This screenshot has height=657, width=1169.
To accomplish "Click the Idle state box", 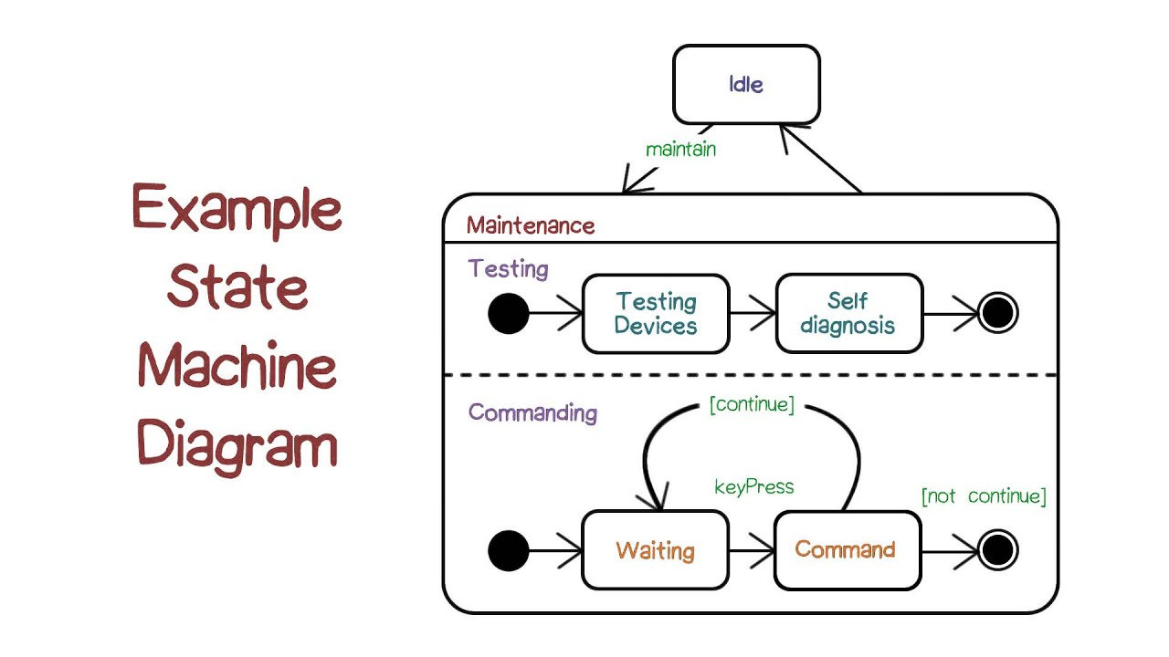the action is click(x=746, y=85).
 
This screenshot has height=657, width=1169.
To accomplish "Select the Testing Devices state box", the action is click(x=656, y=314).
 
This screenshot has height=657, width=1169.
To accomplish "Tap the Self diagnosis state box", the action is click(x=849, y=313).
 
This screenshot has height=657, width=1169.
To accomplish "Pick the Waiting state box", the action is click(x=656, y=550).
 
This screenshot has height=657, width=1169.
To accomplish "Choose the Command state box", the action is click(x=848, y=550).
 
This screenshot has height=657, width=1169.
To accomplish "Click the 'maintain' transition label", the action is click(x=680, y=150).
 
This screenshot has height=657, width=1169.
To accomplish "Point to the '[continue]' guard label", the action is click(x=752, y=404).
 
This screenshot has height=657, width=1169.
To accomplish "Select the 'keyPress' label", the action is click(x=754, y=487).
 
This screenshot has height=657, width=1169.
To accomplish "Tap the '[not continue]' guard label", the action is click(x=984, y=495).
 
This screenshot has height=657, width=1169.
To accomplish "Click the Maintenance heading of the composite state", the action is click(x=531, y=225).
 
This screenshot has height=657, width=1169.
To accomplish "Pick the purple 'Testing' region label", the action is click(x=509, y=269).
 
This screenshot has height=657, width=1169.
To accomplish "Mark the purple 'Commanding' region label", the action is click(x=532, y=413).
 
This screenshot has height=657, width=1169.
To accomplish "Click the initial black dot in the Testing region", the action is click(x=509, y=313).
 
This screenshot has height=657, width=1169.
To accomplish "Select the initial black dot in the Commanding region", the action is click(x=509, y=550).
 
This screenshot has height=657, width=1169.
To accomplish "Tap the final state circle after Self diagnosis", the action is click(x=997, y=313).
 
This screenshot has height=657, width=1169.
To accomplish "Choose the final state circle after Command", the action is click(x=997, y=550).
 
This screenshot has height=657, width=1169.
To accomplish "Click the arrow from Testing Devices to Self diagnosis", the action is click(x=753, y=313).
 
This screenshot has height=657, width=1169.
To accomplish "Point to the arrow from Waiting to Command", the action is click(x=752, y=550).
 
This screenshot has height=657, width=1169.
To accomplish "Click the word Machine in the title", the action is click(x=237, y=365).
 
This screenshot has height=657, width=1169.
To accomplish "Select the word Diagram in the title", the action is click(x=237, y=446).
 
